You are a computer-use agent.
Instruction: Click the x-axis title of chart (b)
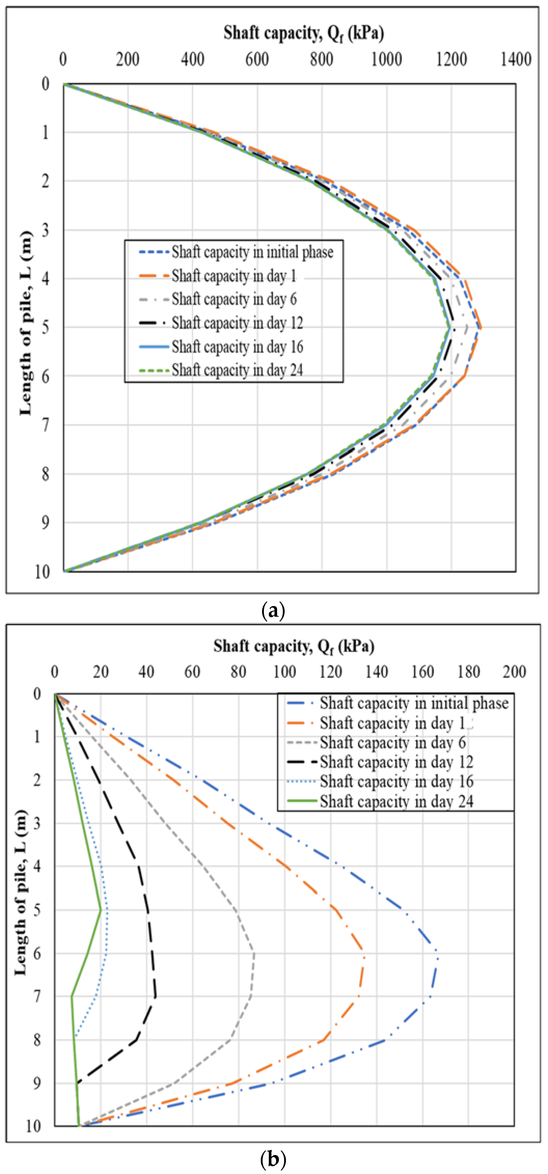(x=294, y=646)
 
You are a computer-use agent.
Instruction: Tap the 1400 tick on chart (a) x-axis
(x=516, y=59)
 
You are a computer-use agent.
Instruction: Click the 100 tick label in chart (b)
(x=284, y=672)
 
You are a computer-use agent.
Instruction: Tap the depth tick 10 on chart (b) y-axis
(x=33, y=1126)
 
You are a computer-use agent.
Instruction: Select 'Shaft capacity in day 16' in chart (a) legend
(x=237, y=347)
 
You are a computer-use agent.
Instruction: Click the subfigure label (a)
(x=273, y=610)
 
